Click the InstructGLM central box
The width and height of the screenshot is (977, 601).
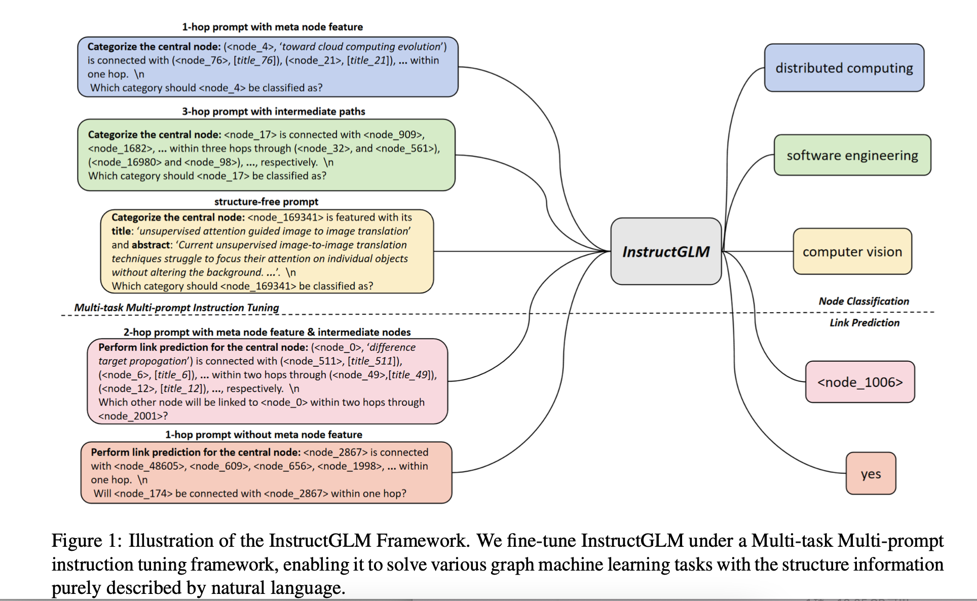[x=665, y=251]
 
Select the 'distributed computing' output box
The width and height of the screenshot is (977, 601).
[x=844, y=68]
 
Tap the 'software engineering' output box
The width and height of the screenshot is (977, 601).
[x=852, y=155]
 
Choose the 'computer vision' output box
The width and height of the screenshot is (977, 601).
[x=852, y=251]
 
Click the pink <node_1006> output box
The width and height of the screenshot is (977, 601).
[x=860, y=382]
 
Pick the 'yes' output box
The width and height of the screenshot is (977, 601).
[x=871, y=474]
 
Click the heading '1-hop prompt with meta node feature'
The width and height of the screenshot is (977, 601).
[x=272, y=27]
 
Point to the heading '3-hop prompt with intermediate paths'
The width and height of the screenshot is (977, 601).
[x=273, y=111]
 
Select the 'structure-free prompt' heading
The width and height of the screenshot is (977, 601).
[x=266, y=202]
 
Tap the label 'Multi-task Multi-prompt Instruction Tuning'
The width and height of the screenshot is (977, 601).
[x=176, y=308]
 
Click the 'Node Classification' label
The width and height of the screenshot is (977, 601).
[x=863, y=301]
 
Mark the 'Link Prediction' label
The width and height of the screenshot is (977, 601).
[x=864, y=323]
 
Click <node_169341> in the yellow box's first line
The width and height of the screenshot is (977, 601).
[x=285, y=217]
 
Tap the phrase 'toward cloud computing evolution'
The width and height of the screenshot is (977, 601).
[x=362, y=47]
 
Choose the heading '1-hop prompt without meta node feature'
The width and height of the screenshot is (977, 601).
[x=264, y=435]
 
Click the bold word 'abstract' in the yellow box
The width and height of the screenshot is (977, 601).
[x=151, y=245]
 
